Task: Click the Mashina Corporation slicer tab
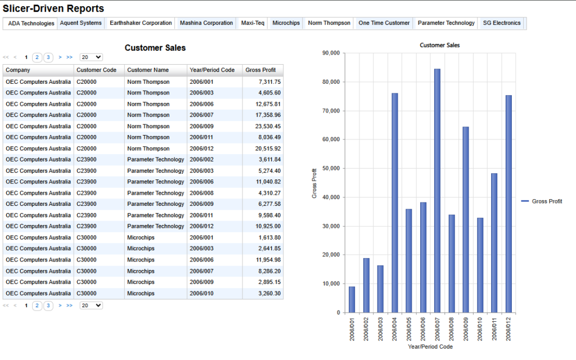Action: click(206, 23)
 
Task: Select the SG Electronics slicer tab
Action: click(501, 23)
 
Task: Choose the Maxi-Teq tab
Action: click(253, 23)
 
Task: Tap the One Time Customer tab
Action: click(384, 23)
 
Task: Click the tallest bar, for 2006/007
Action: click(437, 191)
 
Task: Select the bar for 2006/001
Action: click(352, 299)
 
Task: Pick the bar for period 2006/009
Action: click(465, 220)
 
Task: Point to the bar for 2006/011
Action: click(494, 243)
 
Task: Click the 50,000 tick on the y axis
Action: click(331, 168)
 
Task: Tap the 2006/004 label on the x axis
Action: click(394, 329)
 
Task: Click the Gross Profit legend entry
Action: click(542, 201)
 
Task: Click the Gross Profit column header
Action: click(260, 70)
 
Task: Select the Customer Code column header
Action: click(96, 70)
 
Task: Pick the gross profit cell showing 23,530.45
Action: click(268, 127)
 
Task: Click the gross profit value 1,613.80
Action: click(269, 238)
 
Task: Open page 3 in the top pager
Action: click(48, 57)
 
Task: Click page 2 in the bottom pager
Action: click(37, 305)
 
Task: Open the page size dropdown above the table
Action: click(91, 57)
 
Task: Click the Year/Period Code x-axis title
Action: click(430, 346)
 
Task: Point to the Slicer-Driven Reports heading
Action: click(53, 8)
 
